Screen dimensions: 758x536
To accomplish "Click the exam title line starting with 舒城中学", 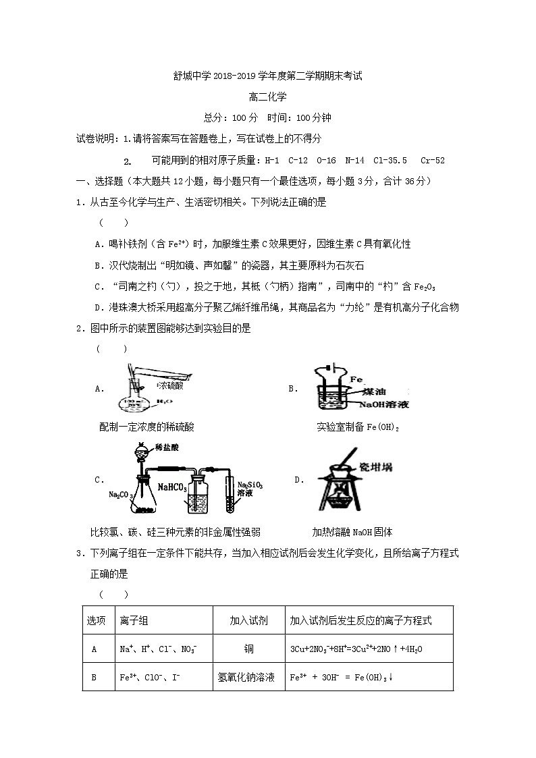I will point(268,77).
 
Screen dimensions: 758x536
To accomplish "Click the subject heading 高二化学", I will point(268,97).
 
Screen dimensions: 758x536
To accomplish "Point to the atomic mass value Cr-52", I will point(432,161).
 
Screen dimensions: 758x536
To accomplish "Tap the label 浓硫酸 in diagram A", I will point(170,385).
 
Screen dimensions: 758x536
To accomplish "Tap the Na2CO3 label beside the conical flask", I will point(118,495).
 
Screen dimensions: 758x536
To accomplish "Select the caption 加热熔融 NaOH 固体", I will point(352,531).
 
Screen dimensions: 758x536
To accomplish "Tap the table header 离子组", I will point(134,620).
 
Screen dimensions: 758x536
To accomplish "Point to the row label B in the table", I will point(94,677).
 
